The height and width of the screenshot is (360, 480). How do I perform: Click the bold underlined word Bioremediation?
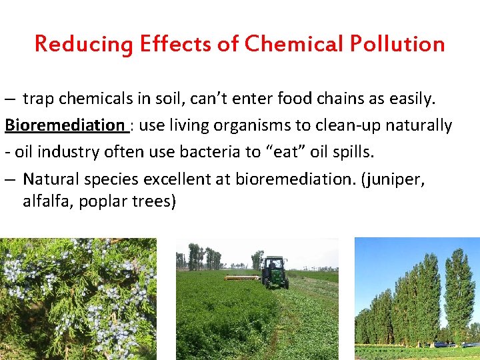pos(65,125)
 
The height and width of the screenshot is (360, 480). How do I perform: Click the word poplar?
pos(103,201)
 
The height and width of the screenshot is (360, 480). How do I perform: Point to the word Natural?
pos(49,179)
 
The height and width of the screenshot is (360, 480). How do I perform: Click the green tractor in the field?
pos(274,271)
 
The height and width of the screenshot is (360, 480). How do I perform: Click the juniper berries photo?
pos(78,299)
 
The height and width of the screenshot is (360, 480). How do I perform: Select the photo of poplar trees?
pos(417,299)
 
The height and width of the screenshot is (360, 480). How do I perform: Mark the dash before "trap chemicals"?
pos(9,99)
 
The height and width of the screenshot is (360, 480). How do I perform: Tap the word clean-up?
pos(361,125)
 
